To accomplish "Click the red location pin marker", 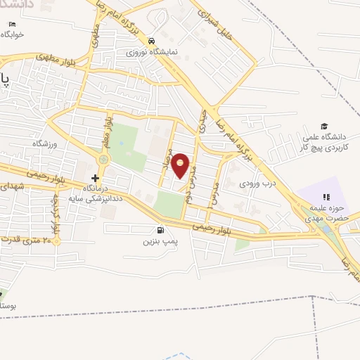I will (181, 166).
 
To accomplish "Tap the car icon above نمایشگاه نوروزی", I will (151, 41).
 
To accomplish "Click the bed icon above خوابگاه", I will (12, 24).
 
